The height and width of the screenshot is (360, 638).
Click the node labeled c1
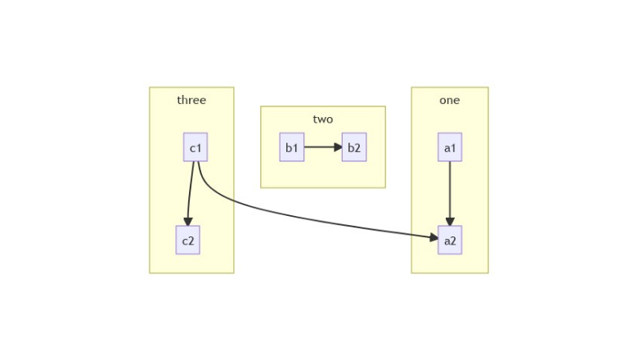point(195,147)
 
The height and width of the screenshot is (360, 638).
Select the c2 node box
point(188,240)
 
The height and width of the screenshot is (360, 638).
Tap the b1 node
point(291,147)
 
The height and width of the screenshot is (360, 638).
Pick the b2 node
point(353,147)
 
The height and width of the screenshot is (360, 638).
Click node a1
point(450,147)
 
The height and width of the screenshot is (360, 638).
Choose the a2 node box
point(450,240)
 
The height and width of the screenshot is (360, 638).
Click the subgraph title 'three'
point(191,101)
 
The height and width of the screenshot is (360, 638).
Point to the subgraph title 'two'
point(323,119)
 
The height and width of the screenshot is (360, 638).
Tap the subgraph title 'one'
point(450,101)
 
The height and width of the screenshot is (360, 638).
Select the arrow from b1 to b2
point(321,147)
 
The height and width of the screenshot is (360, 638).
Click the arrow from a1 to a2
point(450,192)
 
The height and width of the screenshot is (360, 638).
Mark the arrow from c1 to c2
point(191,192)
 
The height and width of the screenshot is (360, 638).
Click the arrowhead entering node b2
point(338,147)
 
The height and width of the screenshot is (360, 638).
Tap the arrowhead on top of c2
point(188,222)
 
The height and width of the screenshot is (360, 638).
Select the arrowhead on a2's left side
point(434,238)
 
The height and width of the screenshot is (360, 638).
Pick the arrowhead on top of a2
point(450,222)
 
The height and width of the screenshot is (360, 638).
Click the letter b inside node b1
point(288,147)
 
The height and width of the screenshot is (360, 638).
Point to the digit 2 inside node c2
point(191,241)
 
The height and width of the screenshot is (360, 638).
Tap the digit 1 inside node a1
point(453,148)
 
